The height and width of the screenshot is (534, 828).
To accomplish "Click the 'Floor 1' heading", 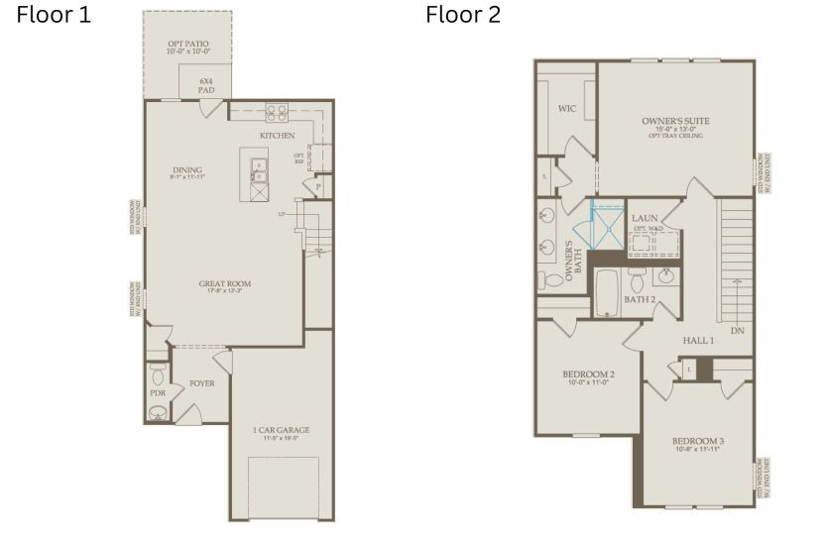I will pyautogui.click(x=54, y=15).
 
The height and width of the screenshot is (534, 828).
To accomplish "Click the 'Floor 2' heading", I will pyautogui.click(x=463, y=15).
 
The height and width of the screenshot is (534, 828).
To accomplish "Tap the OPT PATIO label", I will pyautogui.click(x=187, y=45).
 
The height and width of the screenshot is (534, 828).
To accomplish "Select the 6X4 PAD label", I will pyautogui.click(x=205, y=84).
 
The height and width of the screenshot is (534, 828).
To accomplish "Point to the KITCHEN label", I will pyautogui.click(x=277, y=136).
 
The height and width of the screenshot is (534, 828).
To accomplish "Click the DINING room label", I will pyautogui.click(x=187, y=170).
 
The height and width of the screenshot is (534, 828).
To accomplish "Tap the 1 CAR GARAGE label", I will pyautogui.click(x=282, y=430).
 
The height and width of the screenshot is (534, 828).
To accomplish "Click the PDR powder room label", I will pyautogui.click(x=157, y=392).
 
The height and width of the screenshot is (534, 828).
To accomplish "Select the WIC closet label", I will pyautogui.click(x=567, y=108).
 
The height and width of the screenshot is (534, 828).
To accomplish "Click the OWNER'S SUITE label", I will pyautogui.click(x=675, y=122).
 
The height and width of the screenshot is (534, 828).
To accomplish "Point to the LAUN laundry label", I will pyautogui.click(x=645, y=218).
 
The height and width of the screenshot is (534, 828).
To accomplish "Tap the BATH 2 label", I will pyautogui.click(x=640, y=298).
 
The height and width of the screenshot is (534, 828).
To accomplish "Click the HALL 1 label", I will pyautogui.click(x=698, y=340).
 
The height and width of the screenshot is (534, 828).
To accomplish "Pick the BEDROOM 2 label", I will pyautogui.click(x=588, y=374).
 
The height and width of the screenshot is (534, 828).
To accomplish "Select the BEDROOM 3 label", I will pyautogui.click(x=698, y=441).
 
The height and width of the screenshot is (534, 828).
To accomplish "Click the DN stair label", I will pyautogui.click(x=737, y=330).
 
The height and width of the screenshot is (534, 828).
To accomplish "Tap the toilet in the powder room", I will pyautogui.click(x=158, y=375).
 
